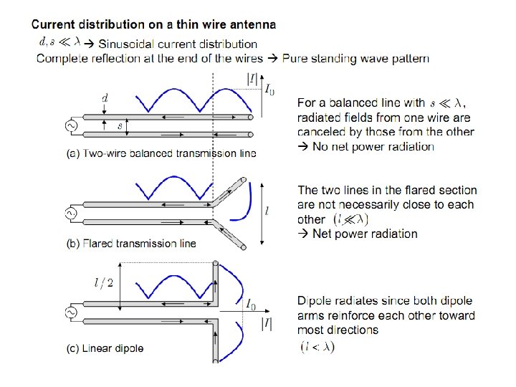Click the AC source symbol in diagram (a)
(71, 125)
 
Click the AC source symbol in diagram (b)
(71, 212)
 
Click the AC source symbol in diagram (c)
(71, 312)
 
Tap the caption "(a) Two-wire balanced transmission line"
(161, 153)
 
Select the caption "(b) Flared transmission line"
(130, 244)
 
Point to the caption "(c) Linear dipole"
(105, 348)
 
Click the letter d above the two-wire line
(105, 97)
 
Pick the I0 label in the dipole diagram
(252, 306)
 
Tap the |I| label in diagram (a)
(252, 79)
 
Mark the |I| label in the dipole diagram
(266, 324)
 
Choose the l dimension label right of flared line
(267, 213)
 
